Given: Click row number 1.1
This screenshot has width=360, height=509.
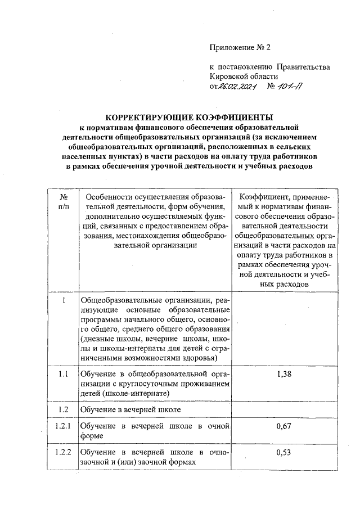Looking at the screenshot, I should (x=64, y=375).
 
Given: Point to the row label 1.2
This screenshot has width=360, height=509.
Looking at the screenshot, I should (x=64, y=408).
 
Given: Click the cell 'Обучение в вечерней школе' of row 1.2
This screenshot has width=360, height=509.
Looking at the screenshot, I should (x=130, y=408).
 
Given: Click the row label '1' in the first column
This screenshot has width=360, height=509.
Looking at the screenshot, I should (x=64, y=301).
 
